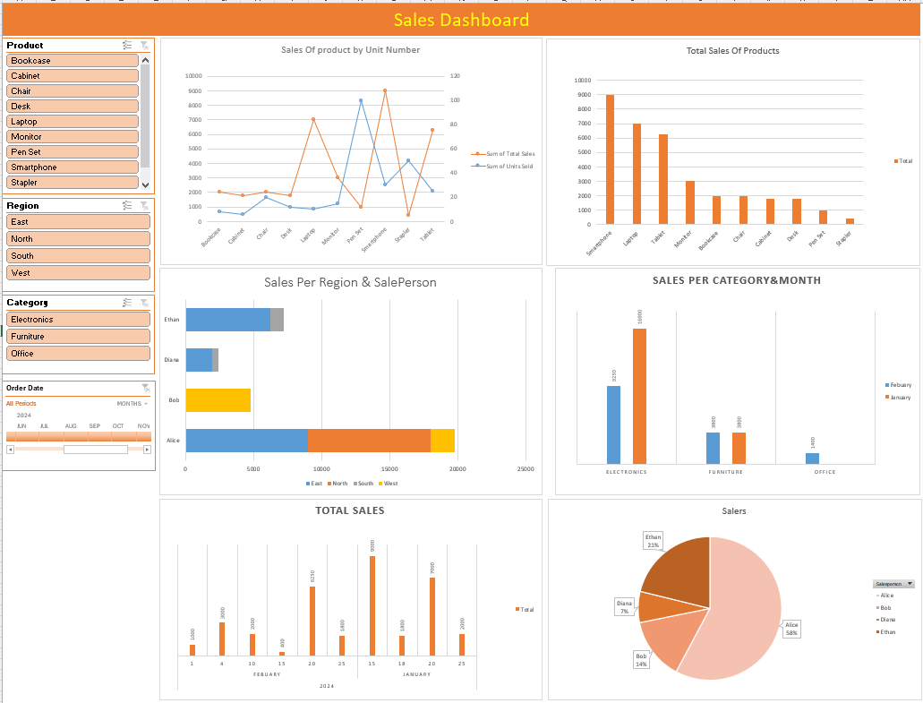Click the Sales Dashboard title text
[x=461, y=20]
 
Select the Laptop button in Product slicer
[x=73, y=122]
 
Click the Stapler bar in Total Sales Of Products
[x=850, y=220]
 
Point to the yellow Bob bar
[x=218, y=400]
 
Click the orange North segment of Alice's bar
[x=369, y=441]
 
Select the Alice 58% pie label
[x=791, y=629]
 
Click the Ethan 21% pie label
[x=653, y=541]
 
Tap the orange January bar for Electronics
[x=640, y=396]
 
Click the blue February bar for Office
[x=812, y=459]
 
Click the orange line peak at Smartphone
[x=385, y=90]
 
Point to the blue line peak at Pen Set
[x=361, y=100]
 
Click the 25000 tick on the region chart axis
[x=526, y=468]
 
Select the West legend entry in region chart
[x=388, y=484]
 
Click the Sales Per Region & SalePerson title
[x=350, y=282]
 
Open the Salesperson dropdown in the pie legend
[x=910, y=583]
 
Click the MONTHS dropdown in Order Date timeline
[x=132, y=404]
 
